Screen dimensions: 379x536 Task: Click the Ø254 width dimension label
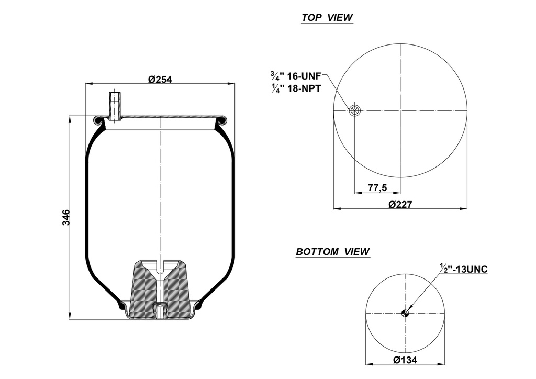tap(160, 79)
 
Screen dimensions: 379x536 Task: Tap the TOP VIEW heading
tap(327, 18)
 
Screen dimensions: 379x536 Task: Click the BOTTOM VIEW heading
tap(333, 252)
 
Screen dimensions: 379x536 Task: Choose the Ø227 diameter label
tap(400, 204)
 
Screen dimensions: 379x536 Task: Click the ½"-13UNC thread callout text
tap(464, 269)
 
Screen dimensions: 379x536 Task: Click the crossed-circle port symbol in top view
tap(354, 110)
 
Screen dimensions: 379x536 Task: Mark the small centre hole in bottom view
tap(405, 313)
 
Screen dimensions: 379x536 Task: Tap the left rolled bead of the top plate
tap(97, 121)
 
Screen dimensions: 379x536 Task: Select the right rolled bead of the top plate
tap(224, 121)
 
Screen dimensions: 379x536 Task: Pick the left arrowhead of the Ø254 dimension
tap(88, 83)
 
